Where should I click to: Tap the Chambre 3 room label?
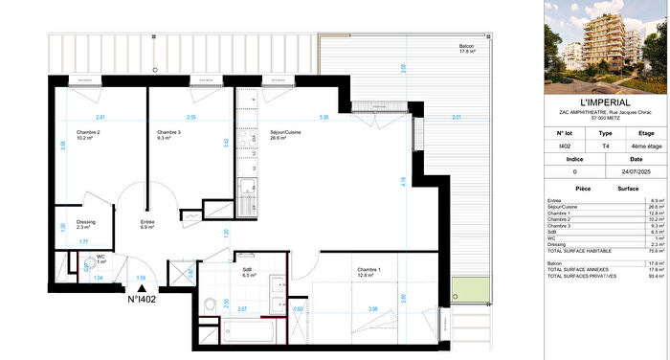pyautogui.click(x=169, y=132)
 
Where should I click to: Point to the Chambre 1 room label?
pyautogui.click(x=368, y=269)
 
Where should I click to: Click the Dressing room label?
pyautogui.click(x=86, y=222)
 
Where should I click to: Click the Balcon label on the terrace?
pyautogui.click(x=466, y=46)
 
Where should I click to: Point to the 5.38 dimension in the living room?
pyautogui.click(x=324, y=118)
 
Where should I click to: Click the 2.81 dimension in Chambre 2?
pyautogui.click(x=99, y=118)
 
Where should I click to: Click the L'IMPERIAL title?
pyautogui.click(x=604, y=101)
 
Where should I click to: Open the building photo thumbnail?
pyautogui.click(x=604, y=45)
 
